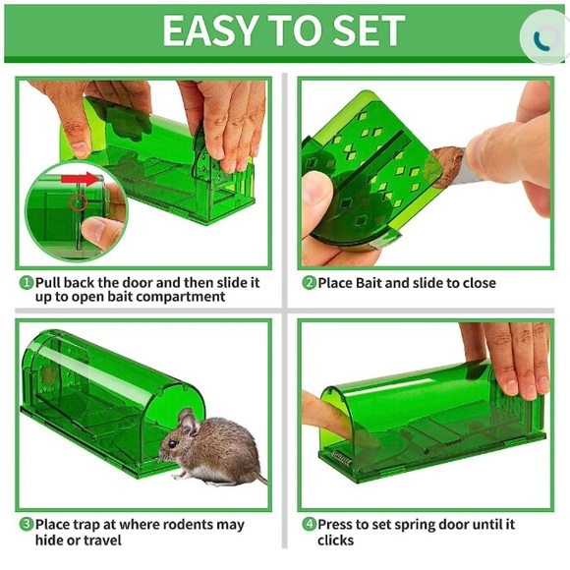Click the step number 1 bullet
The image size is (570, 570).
click(x=27, y=282)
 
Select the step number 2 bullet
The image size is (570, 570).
click(x=309, y=283)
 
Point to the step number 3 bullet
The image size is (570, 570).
click(x=27, y=525)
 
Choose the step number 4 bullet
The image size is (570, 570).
click(x=309, y=525)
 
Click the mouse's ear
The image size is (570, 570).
click(x=187, y=423)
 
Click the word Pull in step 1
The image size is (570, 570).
click(x=50, y=282)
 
